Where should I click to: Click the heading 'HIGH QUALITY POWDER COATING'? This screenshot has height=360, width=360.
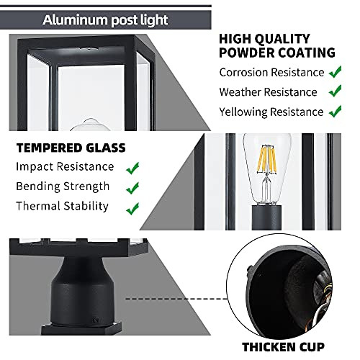(x=276, y=45)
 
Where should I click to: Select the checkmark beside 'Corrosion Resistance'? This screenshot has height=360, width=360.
(x=335, y=72)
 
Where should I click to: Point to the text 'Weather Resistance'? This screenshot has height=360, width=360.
(x=268, y=92)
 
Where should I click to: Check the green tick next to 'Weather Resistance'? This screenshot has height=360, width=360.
(x=335, y=91)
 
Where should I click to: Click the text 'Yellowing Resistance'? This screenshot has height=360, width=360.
(x=271, y=112)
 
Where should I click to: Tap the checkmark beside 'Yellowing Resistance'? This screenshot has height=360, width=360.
(x=335, y=112)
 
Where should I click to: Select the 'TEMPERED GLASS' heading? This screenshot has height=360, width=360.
(x=71, y=148)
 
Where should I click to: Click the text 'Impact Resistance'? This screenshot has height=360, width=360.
(x=65, y=167)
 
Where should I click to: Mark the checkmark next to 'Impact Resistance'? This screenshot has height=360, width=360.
(x=132, y=168)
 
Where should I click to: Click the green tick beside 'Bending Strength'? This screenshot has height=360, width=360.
(x=132, y=189)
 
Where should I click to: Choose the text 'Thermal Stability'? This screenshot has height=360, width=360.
(x=62, y=207)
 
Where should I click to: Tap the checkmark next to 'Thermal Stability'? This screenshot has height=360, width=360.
(x=132, y=208)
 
